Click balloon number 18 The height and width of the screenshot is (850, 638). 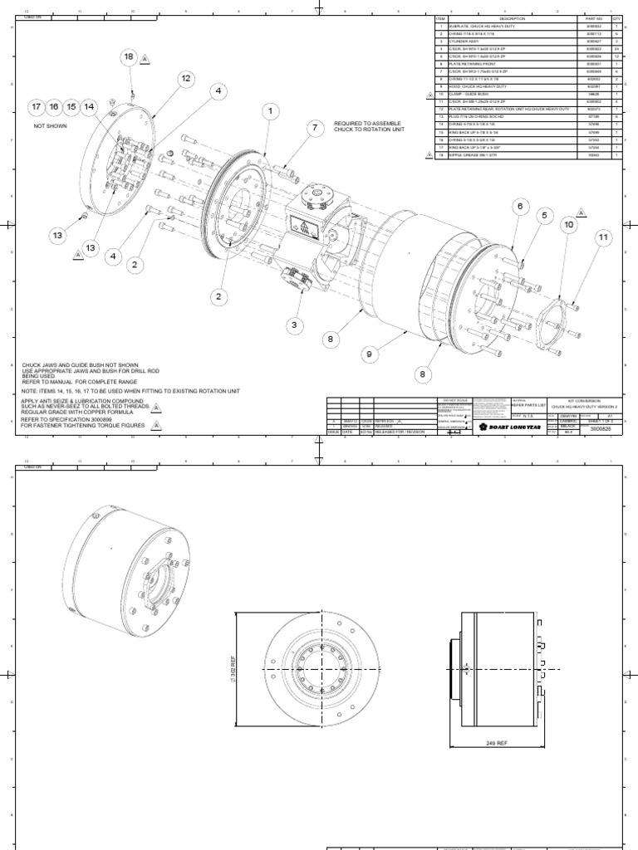click(129, 56)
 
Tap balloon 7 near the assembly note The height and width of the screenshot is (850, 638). click(314, 128)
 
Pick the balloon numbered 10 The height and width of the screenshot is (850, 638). click(569, 224)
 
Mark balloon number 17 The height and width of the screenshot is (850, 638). click(36, 107)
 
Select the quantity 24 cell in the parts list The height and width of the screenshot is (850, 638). click(616, 48)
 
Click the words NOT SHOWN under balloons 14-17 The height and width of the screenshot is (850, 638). click(50, 126)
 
